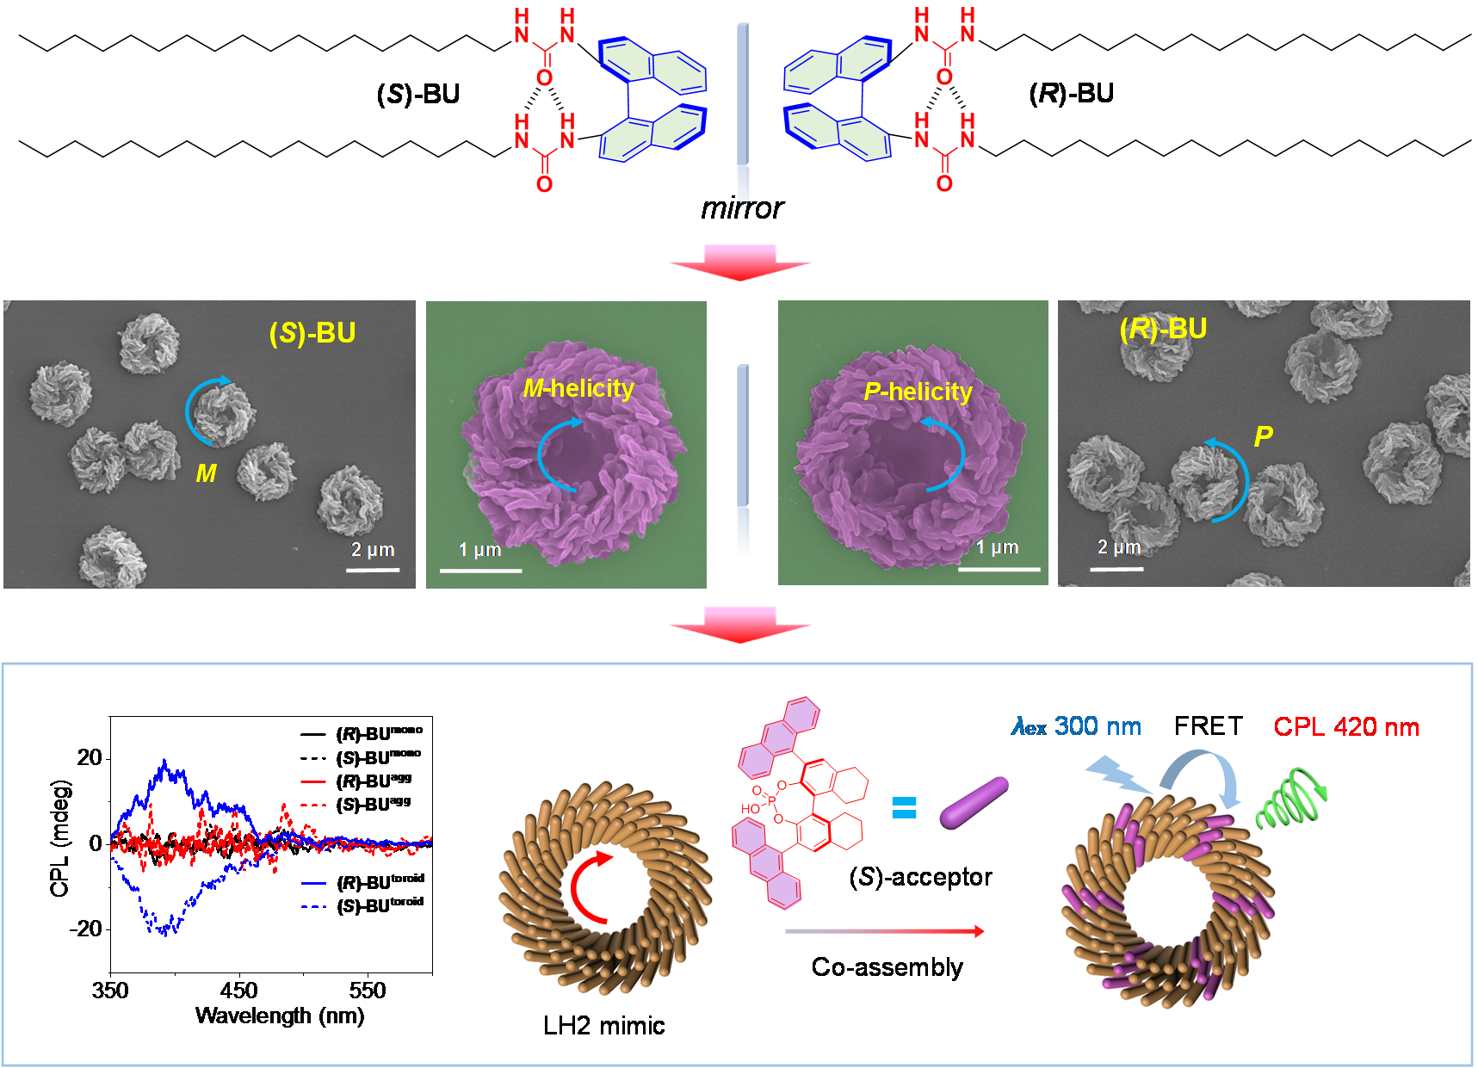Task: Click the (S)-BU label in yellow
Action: point(312,333)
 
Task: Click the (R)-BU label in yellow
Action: point(1163,329)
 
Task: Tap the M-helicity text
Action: point(578,389)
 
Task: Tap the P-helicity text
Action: point(918,392)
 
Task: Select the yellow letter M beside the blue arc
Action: point(206,473)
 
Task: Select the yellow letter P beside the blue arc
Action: point(1263,437)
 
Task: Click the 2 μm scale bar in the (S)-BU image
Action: point(373,569)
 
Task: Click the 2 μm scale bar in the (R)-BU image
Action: point(1116,569)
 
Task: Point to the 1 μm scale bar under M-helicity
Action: point(480,570)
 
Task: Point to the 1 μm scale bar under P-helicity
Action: point(999,569)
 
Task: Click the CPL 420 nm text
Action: point(1346,727)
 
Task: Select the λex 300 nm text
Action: point(1076,727)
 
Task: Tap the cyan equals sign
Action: point(903,807)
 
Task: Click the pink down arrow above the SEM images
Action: point(739,262)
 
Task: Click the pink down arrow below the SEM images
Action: point(739,624)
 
